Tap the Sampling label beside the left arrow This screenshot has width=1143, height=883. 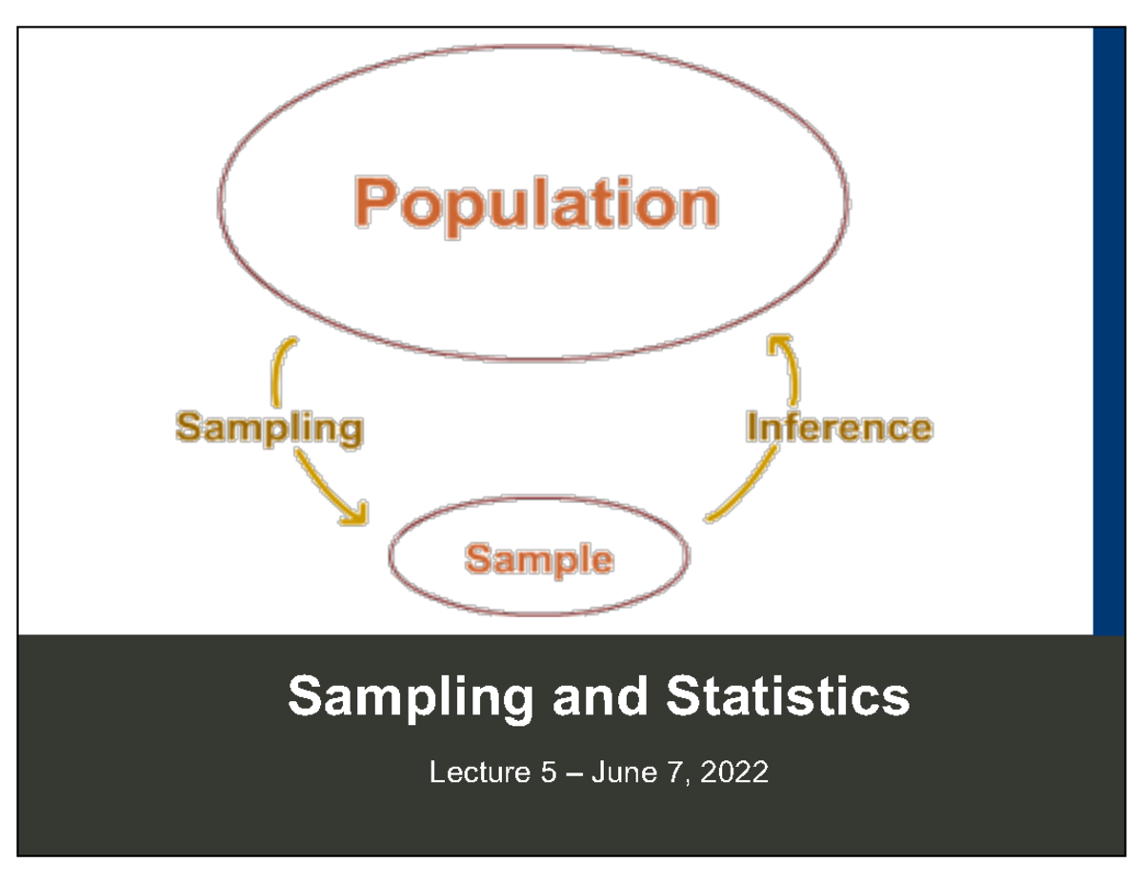point(270,427)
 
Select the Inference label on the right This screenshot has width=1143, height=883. point(838,427)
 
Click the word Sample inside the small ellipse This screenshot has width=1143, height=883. point(538,558)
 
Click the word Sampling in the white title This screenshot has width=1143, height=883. point(411,698)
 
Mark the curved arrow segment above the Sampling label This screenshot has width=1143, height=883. point(284,367)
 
